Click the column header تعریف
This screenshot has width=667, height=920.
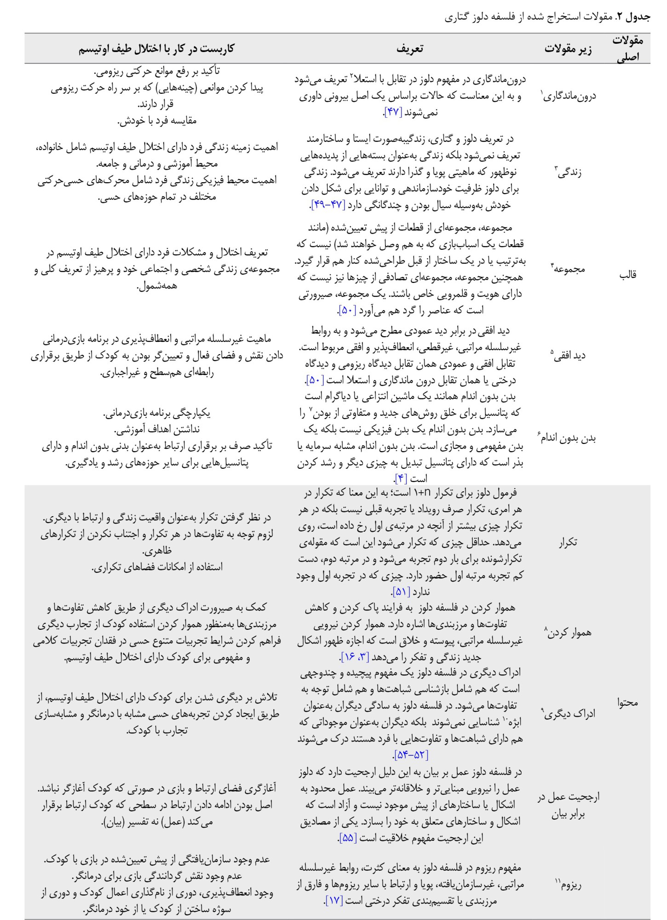(x=410, y=49)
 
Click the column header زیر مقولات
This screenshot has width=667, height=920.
(x=568, y=49)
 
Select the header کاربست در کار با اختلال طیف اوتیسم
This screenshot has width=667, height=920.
(x=156, y=49)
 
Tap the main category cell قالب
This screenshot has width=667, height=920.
(x=627, y=275)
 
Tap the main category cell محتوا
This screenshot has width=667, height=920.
(x=627, y=702)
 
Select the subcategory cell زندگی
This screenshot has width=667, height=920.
(x=569, y=172)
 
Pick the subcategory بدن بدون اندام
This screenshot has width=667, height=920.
(x=567, y=437)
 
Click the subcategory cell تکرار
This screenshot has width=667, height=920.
(x=568, y=542)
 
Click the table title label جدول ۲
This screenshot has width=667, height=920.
(x=633, y=17)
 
